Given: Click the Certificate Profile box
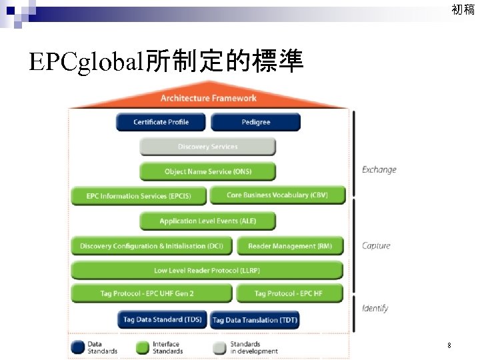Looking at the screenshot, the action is [x=161, y=122].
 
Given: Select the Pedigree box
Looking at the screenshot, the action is [x=255, y=122].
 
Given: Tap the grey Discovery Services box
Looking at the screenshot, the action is [x=207, y=147].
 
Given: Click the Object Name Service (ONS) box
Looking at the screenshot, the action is [x=207, y=171].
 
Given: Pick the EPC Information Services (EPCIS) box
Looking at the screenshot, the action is [x=139, y=196].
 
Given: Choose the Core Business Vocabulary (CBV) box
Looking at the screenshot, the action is [x=277, y=195].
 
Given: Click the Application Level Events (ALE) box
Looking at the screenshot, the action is [x=207, y=221].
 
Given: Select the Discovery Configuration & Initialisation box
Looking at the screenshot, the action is [x=151, y=246].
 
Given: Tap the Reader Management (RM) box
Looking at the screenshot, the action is [x=289, y=246].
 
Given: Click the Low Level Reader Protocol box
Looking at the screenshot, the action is [x=207, y=270].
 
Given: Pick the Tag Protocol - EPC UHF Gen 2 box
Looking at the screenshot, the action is [x=151, y=293].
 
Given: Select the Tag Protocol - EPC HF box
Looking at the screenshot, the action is [x=289, y=293].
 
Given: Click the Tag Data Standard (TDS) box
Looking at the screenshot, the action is [x=162, y=320].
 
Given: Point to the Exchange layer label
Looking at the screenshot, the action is [x=379, y=169].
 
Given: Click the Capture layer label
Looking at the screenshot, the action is [x=376, y=245].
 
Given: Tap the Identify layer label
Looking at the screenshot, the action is [x=375, y=308].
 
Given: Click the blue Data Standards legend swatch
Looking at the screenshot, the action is [x=78, y=347].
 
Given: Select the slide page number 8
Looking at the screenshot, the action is [x=449, y=345].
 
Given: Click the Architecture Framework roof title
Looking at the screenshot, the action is [x=208, y=98].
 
